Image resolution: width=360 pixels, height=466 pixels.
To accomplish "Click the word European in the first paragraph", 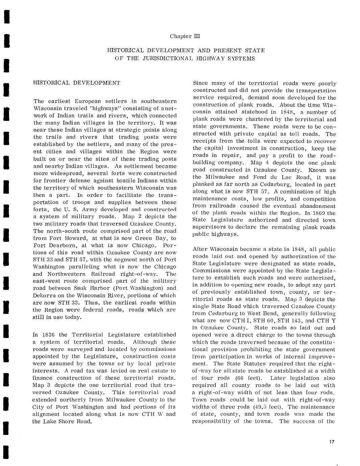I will point(89,101).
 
